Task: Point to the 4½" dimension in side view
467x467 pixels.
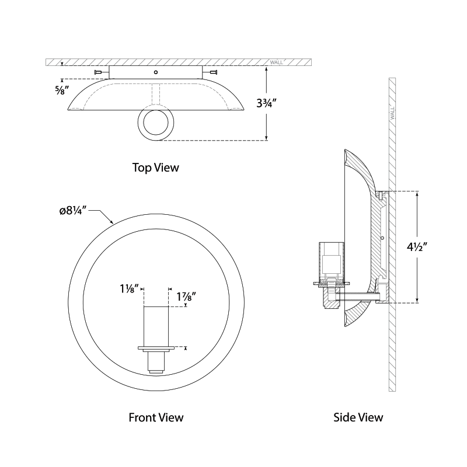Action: click(434, 246)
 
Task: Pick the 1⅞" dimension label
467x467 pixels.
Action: click(185, 297)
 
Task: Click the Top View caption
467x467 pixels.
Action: click(155, 168)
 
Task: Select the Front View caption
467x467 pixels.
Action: click(155, 417)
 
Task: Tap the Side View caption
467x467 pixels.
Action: click(358, 417)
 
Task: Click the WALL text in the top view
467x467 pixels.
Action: click(277, 62)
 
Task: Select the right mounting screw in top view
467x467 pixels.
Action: click(212, 72)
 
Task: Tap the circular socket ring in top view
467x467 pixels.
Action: click(155, 124)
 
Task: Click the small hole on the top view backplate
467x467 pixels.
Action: click(155, 72)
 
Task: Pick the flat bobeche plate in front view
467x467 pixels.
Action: click(155, 349)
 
